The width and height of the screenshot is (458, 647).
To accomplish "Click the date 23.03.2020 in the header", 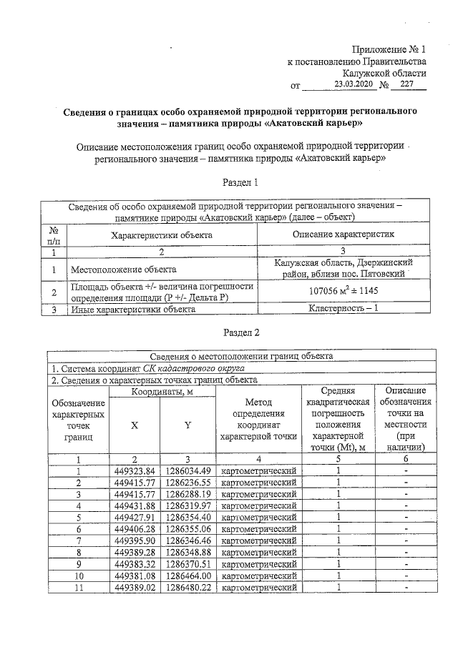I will pos(354,84).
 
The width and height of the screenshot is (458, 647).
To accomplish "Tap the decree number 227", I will pos(408,84).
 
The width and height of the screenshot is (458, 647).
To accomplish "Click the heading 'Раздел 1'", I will pos(240,183).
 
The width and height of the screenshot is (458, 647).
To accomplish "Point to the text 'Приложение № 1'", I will pos(389,49).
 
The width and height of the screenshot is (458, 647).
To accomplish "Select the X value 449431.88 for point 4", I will pos(135,505).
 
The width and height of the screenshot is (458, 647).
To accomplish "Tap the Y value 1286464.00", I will pos(188,576).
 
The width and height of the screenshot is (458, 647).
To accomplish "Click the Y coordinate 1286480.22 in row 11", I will pos(188,587).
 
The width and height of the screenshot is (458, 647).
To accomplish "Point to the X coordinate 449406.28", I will pos(135,528).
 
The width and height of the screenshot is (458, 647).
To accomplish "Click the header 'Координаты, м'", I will pos(162,391).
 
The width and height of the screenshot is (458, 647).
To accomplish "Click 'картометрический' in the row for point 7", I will pos(259,540).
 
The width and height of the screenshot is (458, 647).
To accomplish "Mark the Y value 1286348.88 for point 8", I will pos(188,552).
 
